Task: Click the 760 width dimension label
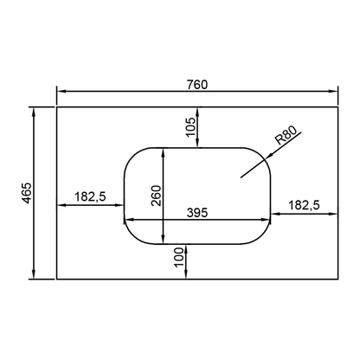tap(197, 85)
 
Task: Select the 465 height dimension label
tap(28, 193)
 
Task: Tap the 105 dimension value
tap(190, 127)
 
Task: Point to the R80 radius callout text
tap(286, 136)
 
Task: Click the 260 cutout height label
tap(157, 196)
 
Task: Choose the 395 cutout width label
tap(197, 213)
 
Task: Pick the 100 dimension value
tap(179, 258)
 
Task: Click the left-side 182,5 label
tap(90, 196)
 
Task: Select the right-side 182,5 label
tap(304, 205)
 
